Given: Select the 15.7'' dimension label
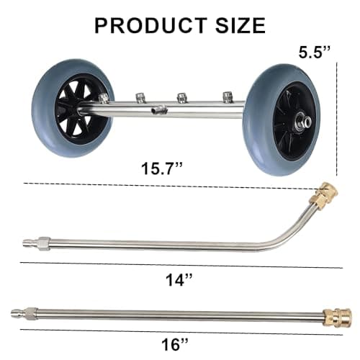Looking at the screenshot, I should point(163,170).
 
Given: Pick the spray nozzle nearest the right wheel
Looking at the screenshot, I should point(228,96).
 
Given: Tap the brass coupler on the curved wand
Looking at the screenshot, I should point(320,197).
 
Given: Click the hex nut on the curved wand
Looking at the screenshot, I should point(45,241).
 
